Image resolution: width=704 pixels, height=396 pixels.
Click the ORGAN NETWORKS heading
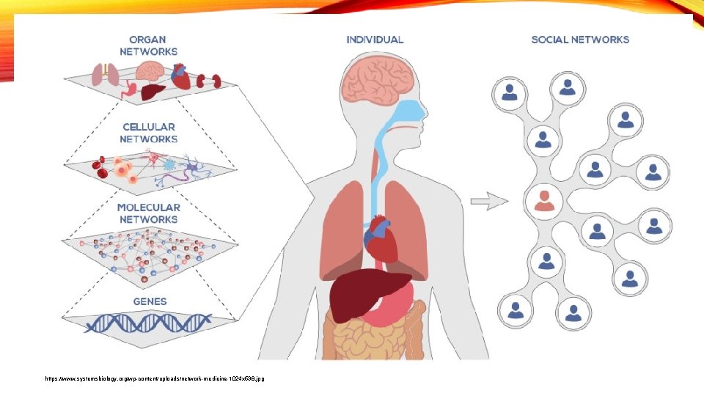tap(149, 45)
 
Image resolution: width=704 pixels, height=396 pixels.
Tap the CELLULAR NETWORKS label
tap(149, 133)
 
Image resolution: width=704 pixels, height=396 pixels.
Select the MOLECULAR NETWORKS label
tap(148, 213)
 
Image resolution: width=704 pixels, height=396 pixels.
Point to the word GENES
tap(150, 301)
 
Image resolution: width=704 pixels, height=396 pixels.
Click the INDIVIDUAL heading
tap(375, 40)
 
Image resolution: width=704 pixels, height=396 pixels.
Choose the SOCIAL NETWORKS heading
tap(580, 40)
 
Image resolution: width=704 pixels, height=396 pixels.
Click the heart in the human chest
tap(380, 238)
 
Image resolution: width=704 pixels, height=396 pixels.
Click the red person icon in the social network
tap(544, 199)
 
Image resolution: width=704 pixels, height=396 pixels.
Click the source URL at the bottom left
tap(154, 378)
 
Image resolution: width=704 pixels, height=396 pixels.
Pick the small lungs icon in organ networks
tap(106, 73)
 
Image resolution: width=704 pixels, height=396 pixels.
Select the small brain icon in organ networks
tap(152, 70)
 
